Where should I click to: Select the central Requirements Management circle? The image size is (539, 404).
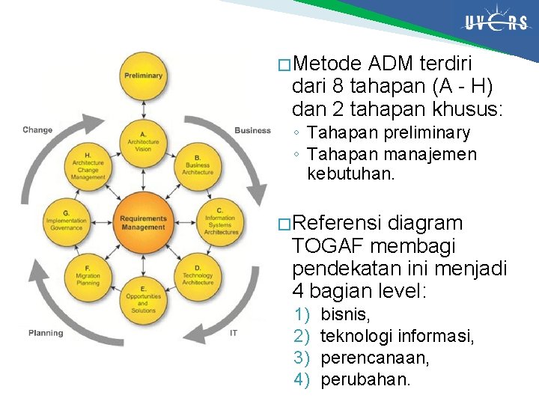(x=142, y=222)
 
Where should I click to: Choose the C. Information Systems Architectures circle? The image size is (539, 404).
(x=220, y=222)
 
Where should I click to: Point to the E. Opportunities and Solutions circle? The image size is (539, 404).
(x=142, y=299)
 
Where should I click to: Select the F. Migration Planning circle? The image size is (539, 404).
(x=88, y=275)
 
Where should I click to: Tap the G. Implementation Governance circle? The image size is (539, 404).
(x=66, y=222)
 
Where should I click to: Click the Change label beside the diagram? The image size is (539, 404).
(x=37, y=130)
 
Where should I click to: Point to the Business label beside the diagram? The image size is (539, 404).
(x=252, y=130)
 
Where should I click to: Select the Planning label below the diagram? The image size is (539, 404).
(x=46, y=333)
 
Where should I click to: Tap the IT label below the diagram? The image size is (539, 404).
(x=234, y=333)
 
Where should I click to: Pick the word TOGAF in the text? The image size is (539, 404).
(x=326, y=246)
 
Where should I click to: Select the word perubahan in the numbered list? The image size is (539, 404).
(x=365, y=379)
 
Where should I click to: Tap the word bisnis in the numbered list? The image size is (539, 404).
(x=345, y=315)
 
